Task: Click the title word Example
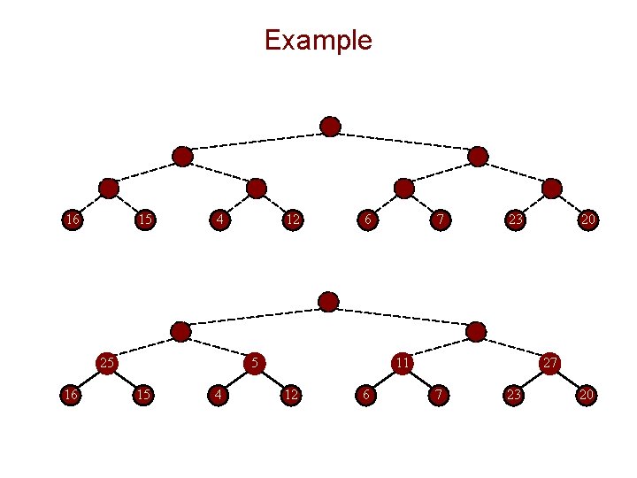(318, 40)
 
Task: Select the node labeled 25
(107, 362)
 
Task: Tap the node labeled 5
(255, 362)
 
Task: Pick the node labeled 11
(402, 362)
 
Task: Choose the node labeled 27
(549, 362)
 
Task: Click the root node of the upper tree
(330, 127)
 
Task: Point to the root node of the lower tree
(328, 302)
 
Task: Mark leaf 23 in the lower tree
(513, 394)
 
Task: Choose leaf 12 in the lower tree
(291, 394)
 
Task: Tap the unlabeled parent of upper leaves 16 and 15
(109, 188)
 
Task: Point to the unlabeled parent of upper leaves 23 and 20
(551, 188)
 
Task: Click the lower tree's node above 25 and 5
(180, 332)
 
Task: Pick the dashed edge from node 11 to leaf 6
(383, 378)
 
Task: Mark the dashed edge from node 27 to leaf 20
(568, 378)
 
